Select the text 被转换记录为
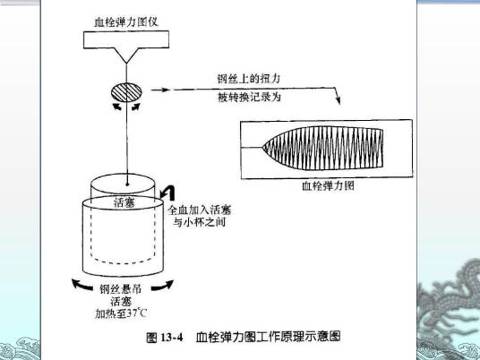coord(249,96)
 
